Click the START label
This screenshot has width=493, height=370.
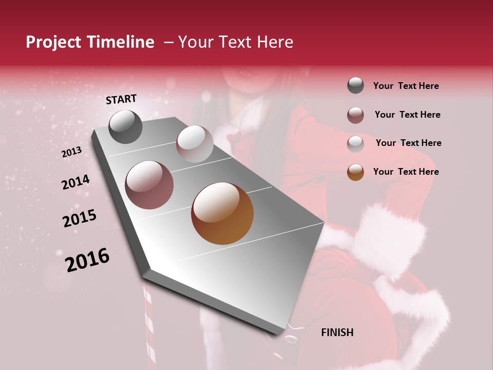[121, 99]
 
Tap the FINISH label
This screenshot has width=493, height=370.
[337, 332]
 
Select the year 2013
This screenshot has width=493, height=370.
[71, 152]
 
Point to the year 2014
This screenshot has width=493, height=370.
[75, 182]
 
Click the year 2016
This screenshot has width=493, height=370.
[87, 260]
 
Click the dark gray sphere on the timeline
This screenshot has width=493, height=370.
[125, 126]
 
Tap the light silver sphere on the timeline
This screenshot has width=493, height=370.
[195, 143]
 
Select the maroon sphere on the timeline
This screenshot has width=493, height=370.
[149, 185]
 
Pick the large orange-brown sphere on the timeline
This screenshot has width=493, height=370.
[222, 213]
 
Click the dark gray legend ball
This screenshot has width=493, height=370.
[355, 85]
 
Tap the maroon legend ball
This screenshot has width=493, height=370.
[355, 115]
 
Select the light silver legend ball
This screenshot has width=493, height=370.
[355, 143]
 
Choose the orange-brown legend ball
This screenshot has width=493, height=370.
[355, 172]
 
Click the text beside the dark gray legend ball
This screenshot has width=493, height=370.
[406, 86]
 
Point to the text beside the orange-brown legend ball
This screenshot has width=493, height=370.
[406, 172]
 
